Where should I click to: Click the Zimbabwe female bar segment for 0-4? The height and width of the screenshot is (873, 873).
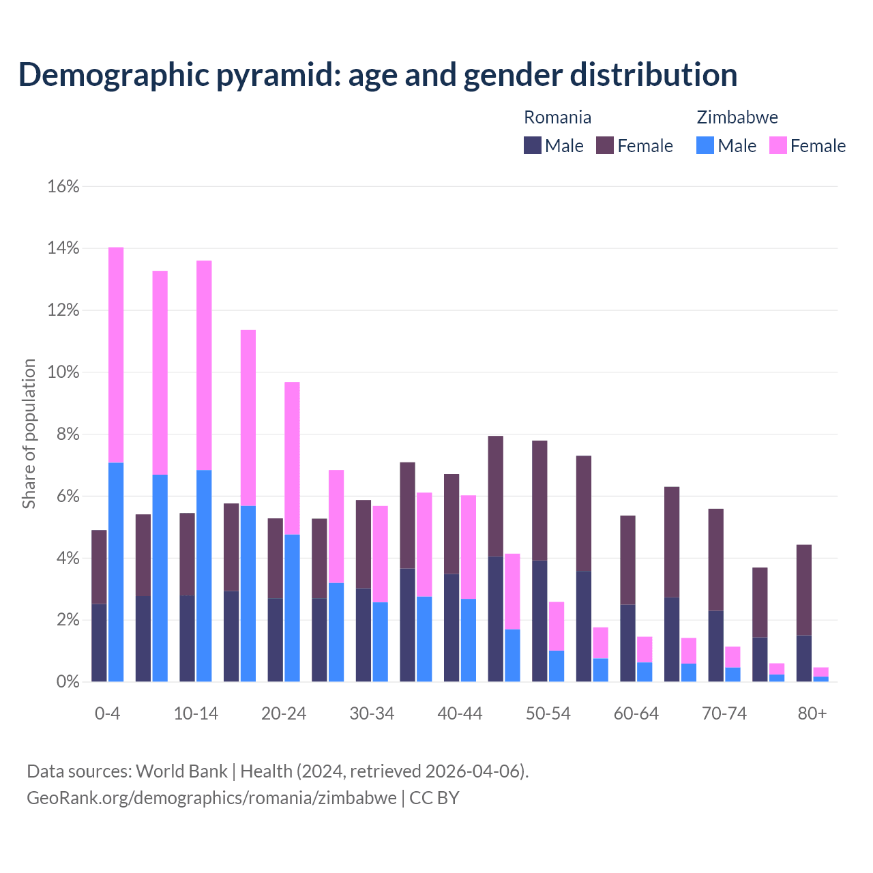coord(116,355)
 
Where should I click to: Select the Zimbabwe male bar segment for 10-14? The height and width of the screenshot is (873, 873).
coord(204,576)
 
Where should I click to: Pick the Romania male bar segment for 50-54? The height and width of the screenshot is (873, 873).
coord(539,621)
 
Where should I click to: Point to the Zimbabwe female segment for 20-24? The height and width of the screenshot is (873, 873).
coord(292,458)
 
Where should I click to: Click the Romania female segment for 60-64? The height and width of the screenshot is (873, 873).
coord(627,560)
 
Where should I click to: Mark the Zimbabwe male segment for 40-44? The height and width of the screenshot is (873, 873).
coord(468,640)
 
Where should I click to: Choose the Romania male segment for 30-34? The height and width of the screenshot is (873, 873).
coord(364,634)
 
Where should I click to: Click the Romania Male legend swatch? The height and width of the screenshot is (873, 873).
coord(533,145)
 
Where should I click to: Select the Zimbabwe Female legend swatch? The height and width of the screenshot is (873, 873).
coord(778,145)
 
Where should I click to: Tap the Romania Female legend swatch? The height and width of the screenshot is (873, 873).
coord(605,145)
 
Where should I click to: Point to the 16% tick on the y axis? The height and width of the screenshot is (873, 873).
coord(63,186)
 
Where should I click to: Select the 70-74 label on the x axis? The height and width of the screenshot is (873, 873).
coord(724,714)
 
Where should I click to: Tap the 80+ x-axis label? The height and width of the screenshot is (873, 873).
coord(812,714)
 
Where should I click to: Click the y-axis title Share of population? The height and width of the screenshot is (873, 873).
coord(29,434)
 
